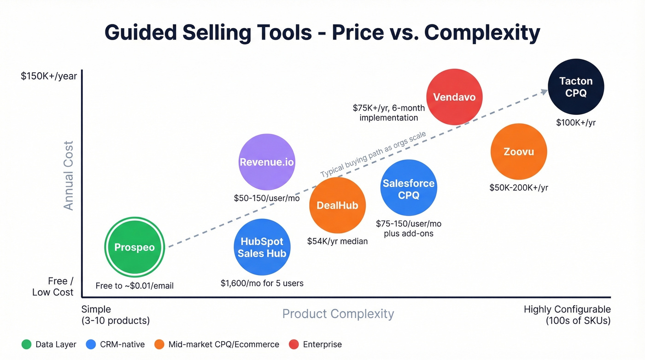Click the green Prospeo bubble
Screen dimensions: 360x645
pyautogui.click(x=135, y=247)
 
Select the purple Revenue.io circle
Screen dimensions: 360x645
pyautogui.click(x=267, y=162)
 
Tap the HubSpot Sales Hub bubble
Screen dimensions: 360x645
pyautogui.click(x=262, y=248)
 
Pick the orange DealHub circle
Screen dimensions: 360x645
pyautogui.click(x=337, y=206)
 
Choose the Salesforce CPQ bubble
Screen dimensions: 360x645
pyautogui.click(x=409, y=189)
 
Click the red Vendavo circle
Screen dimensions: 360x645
pyautogui.click(x=454, y=97)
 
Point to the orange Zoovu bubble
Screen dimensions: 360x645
pyautogui.click(x=519, y=152)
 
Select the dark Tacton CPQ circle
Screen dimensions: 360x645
pyautogui.click(x=575, y=87)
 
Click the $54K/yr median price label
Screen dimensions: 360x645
pyautogui.click(x=337, y=241)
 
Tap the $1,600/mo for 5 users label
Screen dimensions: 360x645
pyautogui.click(x=262, y=283)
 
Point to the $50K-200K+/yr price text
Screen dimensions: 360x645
pyautogui.click(x=519, y=188)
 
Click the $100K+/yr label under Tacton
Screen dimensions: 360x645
pyautogui.click(x=575, y=122)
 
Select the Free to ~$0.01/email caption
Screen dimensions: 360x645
pyautogui.click(x=135, y=286)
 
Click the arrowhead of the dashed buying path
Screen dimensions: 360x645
pyautogui.click(x=544, y=91)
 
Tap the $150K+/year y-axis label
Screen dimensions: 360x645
pyautogui.click(x=49, y=76)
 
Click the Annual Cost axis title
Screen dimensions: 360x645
pyautogui.click(x=69, y=176)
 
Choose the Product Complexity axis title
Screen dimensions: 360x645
pyautogui.click(x=338, y=314)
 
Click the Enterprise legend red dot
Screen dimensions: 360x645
pyautogui.click(x=293, y=344)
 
